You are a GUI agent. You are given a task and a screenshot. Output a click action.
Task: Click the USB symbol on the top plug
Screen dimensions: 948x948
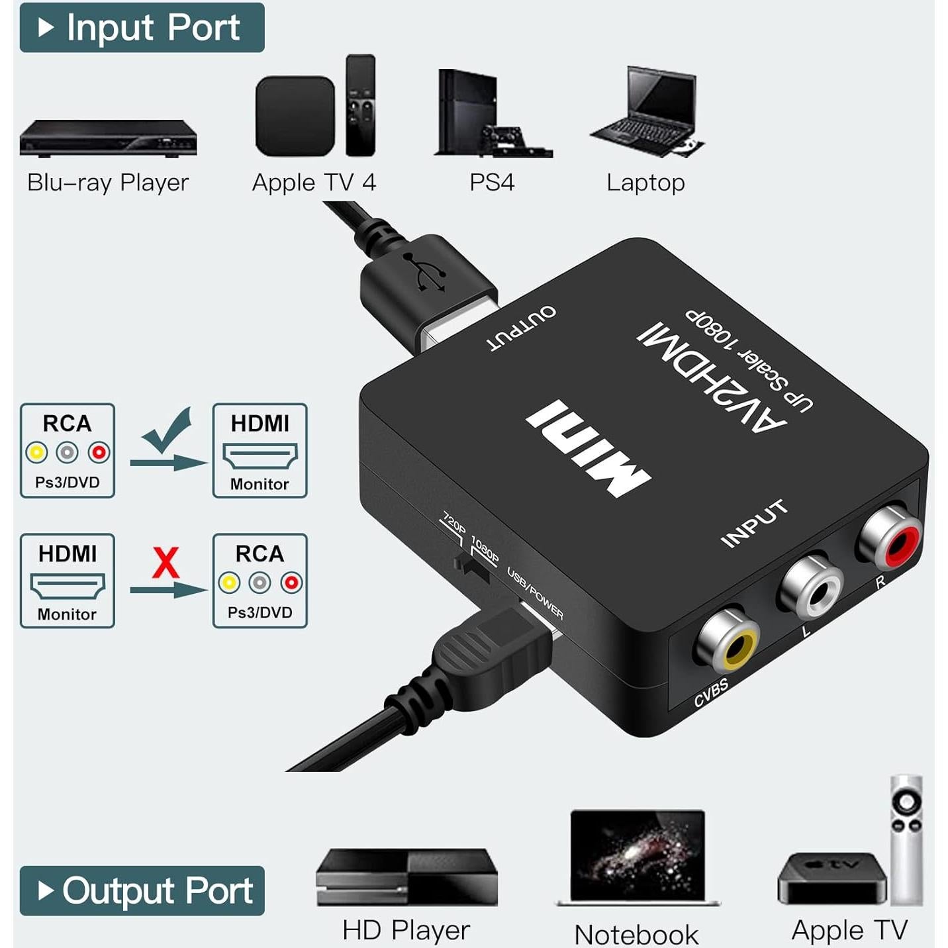[427, 271]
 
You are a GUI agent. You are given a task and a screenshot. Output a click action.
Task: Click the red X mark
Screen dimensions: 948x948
[166, 563]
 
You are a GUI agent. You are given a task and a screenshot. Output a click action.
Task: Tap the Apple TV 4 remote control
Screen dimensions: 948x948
[361, 106]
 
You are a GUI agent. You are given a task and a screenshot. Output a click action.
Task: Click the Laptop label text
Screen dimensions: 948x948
[645, 183]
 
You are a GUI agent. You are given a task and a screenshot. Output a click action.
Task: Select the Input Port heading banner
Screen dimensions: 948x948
[142, 28]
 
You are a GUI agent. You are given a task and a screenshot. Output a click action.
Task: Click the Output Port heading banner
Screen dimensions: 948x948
[142, 890]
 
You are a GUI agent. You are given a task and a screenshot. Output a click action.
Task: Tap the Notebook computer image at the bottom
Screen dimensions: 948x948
[637, 857]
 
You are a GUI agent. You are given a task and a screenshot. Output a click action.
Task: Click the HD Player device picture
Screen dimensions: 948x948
[406, 877]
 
